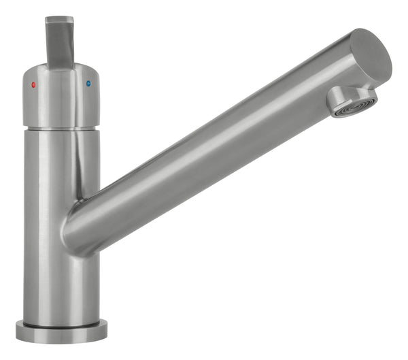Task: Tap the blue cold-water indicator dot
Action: pos(88,84)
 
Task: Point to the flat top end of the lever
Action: pos(60,20)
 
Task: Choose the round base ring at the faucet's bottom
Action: pos(62,332)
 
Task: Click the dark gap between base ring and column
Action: pos(62,323)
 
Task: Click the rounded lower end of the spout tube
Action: pos(78,235)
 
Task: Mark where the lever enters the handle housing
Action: pos(61,66)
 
